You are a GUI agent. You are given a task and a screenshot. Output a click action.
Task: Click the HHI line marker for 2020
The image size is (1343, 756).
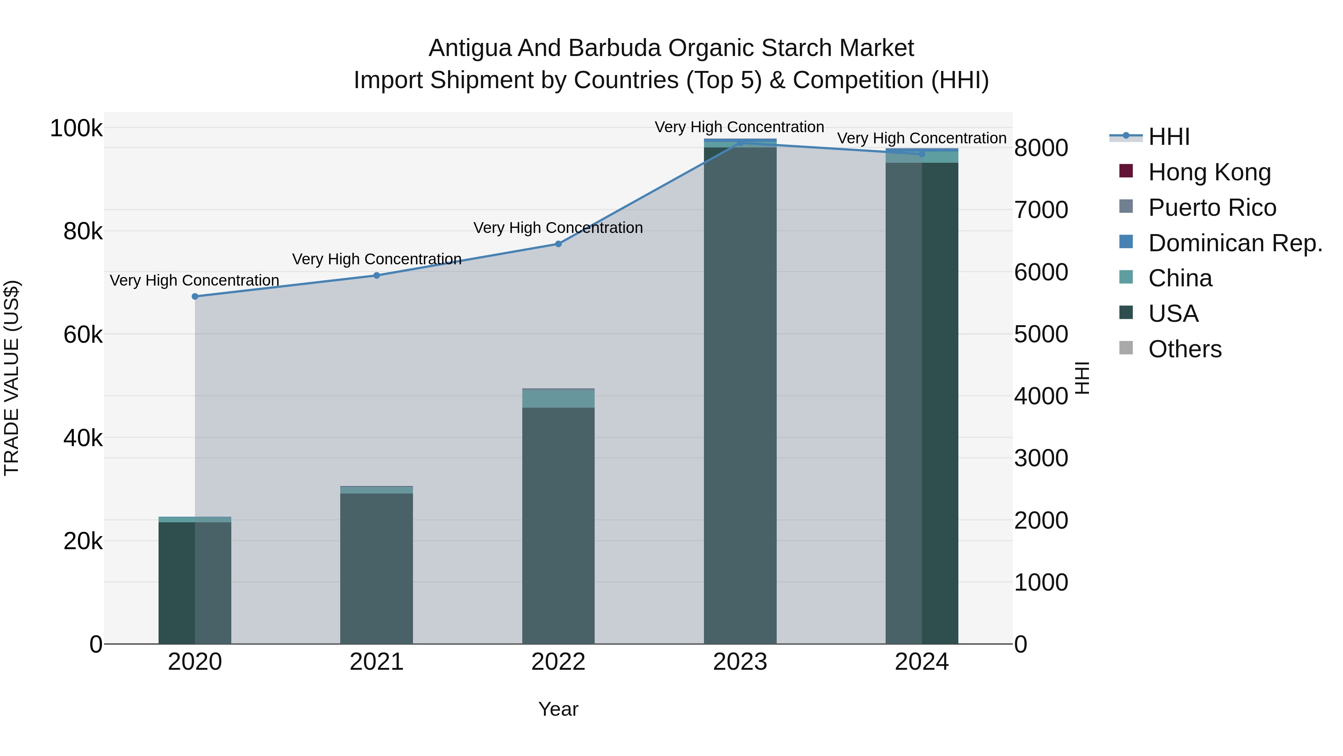click(x=195, y=296)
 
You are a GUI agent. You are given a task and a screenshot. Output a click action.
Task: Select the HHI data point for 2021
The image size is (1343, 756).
click(x=376, y=276)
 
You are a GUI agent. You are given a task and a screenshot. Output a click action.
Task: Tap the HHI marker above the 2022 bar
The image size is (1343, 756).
click(x=558, y=244)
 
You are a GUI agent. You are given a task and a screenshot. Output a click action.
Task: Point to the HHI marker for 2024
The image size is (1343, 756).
click(x=922, y=154)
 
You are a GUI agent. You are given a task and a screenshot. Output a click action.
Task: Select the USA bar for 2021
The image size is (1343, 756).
click(x=376, y=569)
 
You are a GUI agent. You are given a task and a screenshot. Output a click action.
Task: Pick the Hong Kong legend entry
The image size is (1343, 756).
click(x=1209, y=172)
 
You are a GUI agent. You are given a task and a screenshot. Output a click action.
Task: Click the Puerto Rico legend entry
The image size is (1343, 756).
click(x=1212, y=208)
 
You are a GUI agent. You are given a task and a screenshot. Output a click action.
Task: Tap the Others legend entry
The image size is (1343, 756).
click(x=1184, y=349)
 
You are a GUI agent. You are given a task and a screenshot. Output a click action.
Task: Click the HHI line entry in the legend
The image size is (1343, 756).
click(x=1169, y=137)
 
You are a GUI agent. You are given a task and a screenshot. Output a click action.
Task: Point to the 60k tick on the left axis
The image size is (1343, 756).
click(x=83, y=335)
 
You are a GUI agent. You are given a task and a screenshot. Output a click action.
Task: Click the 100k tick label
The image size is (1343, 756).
click(x=76, y=128)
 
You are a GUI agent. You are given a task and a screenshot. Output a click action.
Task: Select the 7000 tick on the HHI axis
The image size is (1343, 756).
click(x=1040, y=210)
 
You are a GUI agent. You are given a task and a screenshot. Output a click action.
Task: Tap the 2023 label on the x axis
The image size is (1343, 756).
click(x=740, y=662)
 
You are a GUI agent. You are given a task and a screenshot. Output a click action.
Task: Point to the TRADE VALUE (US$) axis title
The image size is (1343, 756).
click(x=12, y=378)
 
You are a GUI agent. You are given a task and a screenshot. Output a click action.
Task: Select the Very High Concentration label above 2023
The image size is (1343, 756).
click(x=739, y=127)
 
